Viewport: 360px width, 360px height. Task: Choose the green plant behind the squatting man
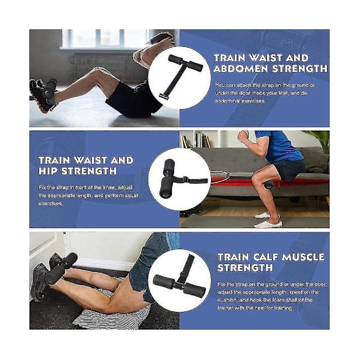pyautogui.click(x=323, y=141)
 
